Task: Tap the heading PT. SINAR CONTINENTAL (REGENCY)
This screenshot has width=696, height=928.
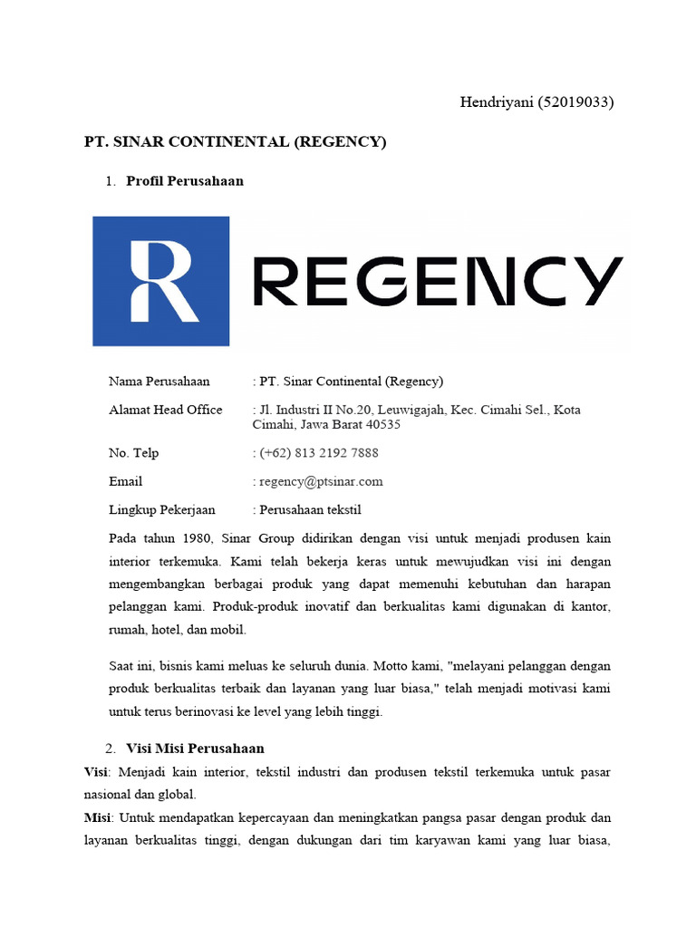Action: pos(235,142)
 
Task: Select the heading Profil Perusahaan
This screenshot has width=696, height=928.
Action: pos(185,180)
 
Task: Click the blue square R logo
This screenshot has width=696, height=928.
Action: pos(161,281)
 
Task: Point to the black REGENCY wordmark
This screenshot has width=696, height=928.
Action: pos(437,281)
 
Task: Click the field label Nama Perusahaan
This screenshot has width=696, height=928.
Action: pos(159,381)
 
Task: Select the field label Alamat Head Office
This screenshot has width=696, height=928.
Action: pos(165,410)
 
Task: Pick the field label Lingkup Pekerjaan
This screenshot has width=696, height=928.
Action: pos(162,510)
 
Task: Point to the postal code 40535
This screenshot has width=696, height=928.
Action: pos(382,424)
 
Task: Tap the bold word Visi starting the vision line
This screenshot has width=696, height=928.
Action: pos(95,772)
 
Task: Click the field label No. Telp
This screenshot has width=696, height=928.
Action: pos(133,452)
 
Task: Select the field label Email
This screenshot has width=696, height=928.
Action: pos(125,481)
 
